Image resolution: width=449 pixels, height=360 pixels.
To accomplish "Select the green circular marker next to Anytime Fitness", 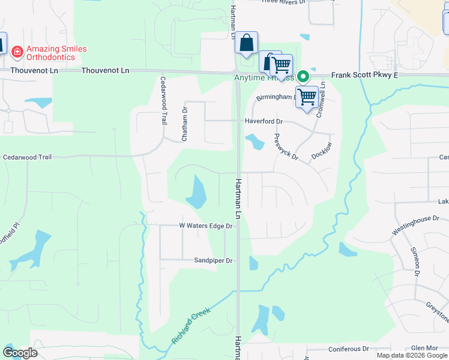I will tap(304, 76).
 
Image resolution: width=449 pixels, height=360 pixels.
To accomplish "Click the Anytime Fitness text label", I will tap(264, 77).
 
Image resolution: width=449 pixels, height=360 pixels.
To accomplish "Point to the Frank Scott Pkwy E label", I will tap(365, 76).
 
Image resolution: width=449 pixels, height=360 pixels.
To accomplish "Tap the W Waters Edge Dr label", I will tap(205, 226).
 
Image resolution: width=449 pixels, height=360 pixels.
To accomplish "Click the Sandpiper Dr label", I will tap(212, 260).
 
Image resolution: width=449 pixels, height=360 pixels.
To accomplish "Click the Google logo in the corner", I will tap(20, 353).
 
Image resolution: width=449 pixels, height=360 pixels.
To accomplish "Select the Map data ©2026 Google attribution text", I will tap(412, 355).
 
